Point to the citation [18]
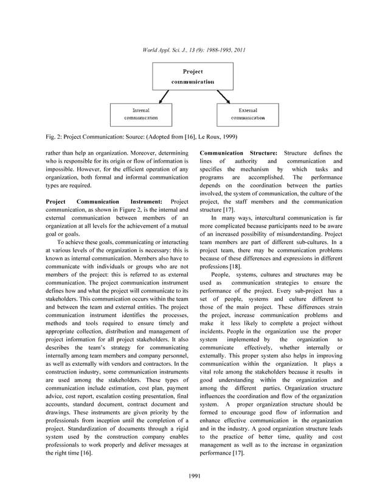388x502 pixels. coord(233,267)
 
